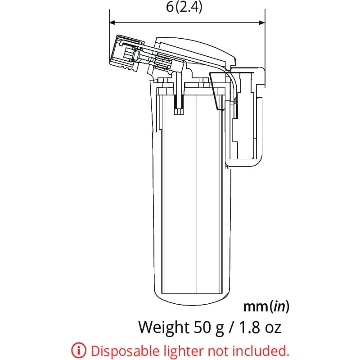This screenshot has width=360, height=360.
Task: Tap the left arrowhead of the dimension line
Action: coord(113,22)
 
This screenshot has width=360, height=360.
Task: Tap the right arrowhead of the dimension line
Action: coord(261,22)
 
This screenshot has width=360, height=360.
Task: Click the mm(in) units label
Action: coord(266,307)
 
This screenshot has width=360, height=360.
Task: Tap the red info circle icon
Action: coord(78,350)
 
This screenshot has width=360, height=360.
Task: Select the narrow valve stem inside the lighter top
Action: coord(179,99)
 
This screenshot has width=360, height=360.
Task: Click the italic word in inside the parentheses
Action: coord(279,307)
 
